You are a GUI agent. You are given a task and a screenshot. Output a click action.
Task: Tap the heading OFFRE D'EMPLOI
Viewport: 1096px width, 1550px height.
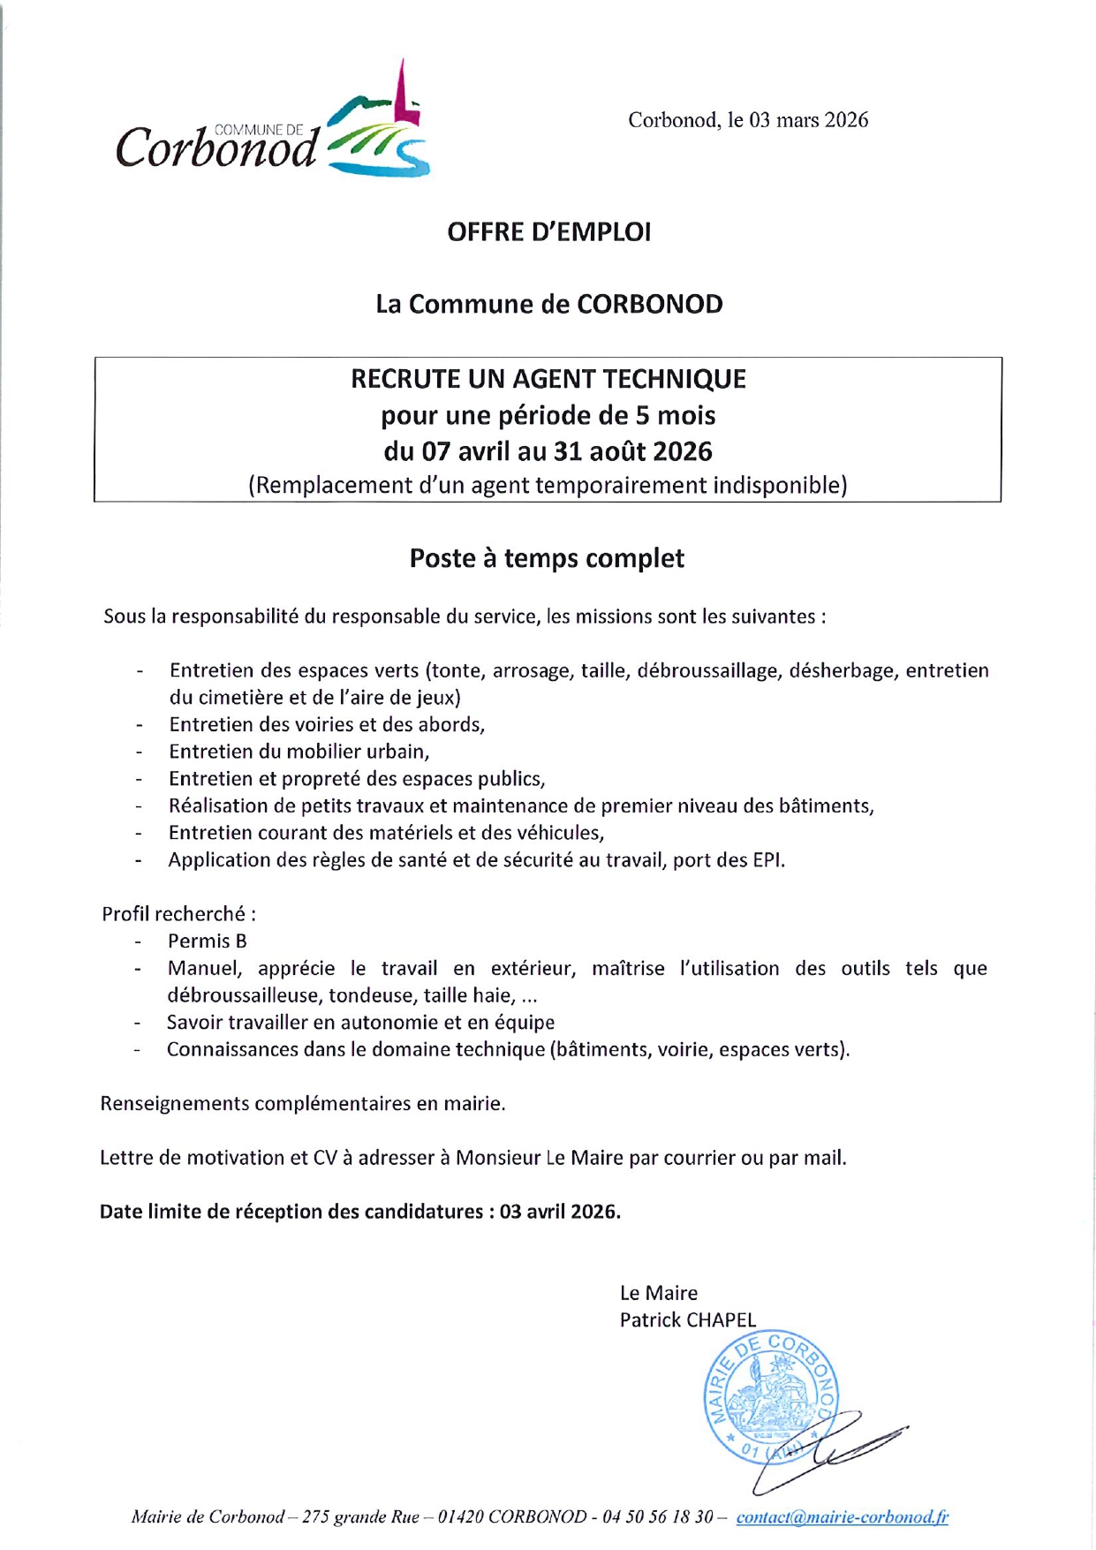pyautogui.click(x=548, y=232)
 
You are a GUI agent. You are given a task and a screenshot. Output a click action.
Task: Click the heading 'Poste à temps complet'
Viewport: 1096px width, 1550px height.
pyautogui.click(x=547, y=559)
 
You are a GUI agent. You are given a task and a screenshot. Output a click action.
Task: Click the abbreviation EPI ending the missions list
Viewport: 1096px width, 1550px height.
pyautogui.click(x=767, y=860)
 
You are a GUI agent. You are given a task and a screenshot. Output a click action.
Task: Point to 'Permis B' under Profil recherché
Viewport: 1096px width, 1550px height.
pyautogui.click(x=207, y=941)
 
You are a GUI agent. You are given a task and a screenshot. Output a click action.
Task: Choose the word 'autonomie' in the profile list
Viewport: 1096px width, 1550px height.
pyautogui.click(x=395, y=1023)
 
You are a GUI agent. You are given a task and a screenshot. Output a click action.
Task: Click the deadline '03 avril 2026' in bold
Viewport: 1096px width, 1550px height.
pyautogui.click(x=558, y=1212)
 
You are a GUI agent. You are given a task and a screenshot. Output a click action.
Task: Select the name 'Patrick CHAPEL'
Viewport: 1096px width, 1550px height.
pyautogui.click(x=687, y=1320)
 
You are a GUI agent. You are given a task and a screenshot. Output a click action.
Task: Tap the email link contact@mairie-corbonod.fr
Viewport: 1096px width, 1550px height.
pyautogui.click(x=842, y=1517)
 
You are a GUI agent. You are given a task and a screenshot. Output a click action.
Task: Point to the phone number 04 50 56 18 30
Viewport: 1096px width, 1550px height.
pyautogui.click(x=658, y=1517)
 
